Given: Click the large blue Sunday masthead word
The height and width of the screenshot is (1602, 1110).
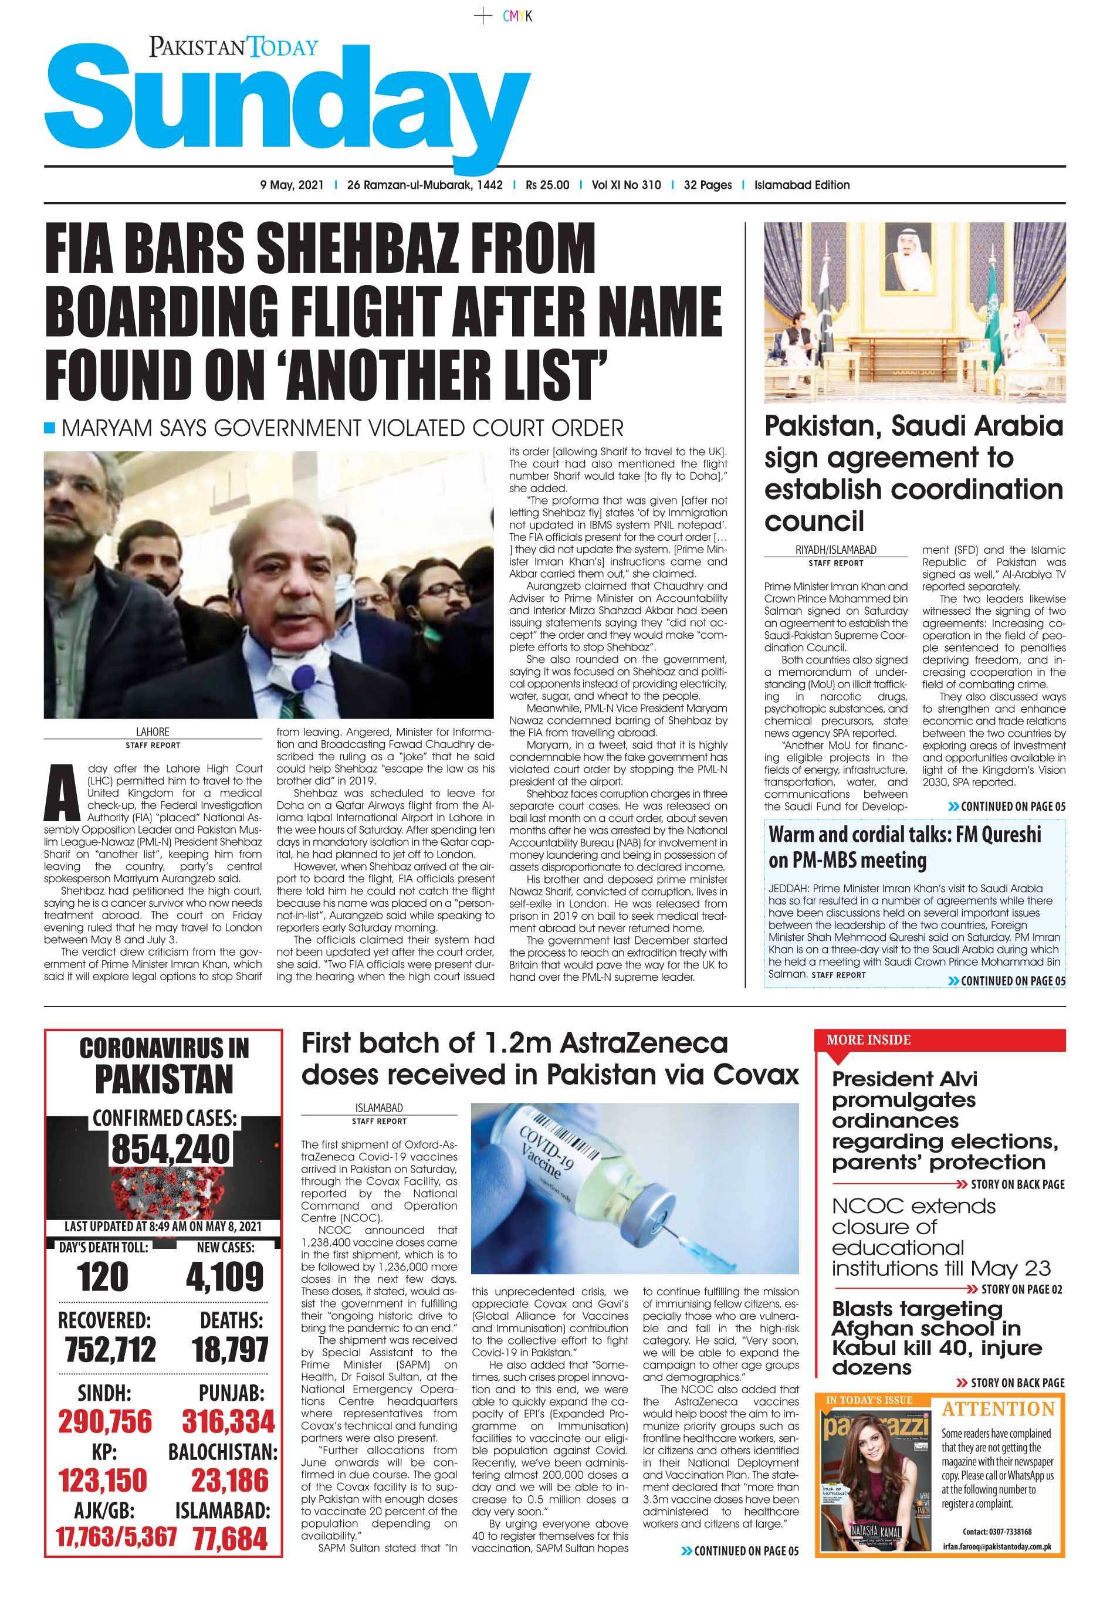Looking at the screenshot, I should tap(285, 104).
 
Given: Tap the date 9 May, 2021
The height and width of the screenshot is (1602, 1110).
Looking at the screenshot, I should tap(292, 185).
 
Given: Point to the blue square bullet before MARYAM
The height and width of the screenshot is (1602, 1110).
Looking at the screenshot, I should tap(49, 427).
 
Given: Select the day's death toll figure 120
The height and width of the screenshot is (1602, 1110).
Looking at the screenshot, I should tap(103, 1276).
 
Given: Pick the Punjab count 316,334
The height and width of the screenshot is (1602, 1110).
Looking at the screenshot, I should tap(228, 1421).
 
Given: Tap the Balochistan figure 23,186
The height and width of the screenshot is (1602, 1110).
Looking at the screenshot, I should tap(229, 1481).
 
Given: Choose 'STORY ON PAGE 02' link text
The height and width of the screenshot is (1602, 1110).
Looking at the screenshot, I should tap(1021, 1289).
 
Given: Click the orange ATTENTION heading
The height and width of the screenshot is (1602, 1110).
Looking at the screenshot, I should tap(998, 1410).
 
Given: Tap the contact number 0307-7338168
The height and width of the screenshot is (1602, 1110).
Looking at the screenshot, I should tap(997, 1532).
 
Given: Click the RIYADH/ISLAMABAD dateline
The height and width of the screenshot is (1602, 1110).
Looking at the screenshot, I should tap(835, 549).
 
